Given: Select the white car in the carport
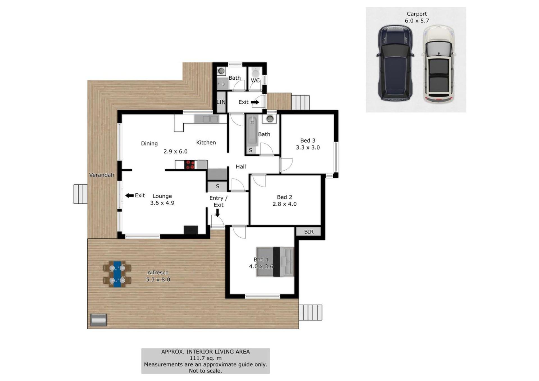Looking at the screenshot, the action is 438,64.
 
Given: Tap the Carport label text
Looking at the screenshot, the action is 417,14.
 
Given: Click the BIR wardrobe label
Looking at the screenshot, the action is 309,232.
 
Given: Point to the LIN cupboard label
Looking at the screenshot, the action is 221,102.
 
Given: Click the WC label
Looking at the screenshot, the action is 255,81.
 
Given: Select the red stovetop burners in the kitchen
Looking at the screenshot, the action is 190,165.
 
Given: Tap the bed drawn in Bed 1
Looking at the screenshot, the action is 275,262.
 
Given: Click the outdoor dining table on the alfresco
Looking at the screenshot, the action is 117,274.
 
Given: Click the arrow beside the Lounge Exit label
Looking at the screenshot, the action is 129,196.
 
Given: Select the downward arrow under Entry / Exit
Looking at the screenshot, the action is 217,213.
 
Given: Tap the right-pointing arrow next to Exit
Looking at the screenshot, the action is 255,102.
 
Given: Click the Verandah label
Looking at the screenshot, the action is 102,175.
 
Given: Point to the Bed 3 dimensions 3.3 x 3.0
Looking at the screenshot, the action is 308,148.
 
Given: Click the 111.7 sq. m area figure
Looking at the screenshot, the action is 205,358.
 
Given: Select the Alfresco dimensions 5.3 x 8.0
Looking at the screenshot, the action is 158,279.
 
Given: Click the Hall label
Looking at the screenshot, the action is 241,167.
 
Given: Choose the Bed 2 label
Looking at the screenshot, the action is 284,197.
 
